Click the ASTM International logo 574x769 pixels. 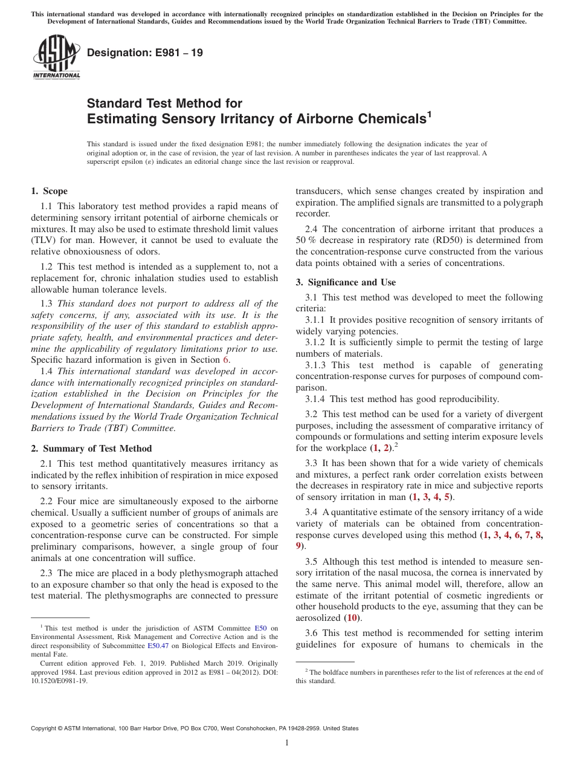(x=56, y=57)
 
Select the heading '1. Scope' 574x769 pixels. (x=49, y=191)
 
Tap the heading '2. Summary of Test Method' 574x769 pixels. (x=91, y=449)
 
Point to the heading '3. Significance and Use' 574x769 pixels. (x=346, y=282)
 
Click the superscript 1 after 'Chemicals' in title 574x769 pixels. (x=429, y=113)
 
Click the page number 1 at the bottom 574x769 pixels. (x=287, y=743)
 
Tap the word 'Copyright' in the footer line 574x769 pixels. (x=45, y=728)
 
